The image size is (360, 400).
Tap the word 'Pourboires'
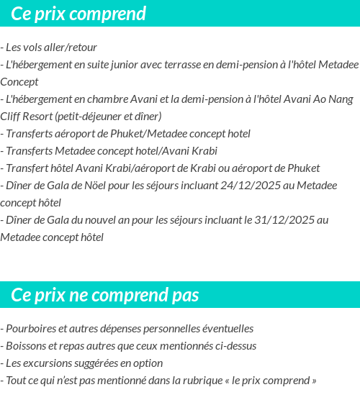(31, 329)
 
